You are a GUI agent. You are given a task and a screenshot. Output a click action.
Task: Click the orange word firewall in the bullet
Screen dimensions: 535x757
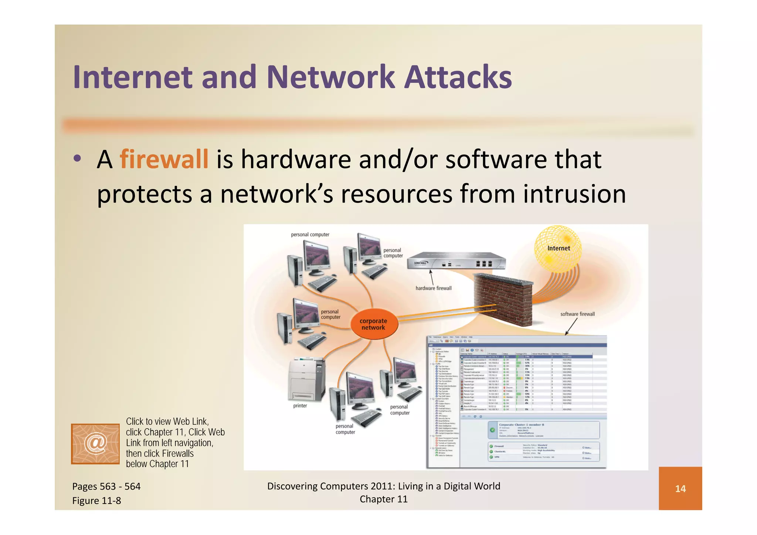coord(164,160)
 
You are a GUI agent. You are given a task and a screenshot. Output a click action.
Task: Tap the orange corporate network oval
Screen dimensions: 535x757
coord(373,324)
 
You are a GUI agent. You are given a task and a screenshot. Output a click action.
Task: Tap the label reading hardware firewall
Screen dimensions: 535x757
coord(433,288)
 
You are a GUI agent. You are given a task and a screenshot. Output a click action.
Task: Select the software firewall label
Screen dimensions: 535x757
coord(577,314)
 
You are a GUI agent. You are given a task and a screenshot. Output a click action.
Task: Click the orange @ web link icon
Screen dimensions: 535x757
coord(95,443)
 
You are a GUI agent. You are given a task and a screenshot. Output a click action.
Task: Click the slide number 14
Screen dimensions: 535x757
coord(680,489)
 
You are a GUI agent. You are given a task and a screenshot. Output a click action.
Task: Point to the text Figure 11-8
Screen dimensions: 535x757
coord(96,501)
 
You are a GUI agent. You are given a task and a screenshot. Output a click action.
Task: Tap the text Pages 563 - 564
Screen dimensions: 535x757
coord(106,486)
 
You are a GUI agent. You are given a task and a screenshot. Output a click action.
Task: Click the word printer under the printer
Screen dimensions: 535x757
coord(300,406)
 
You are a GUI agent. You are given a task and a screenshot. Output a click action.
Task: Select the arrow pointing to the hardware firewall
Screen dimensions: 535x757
coord(431,277)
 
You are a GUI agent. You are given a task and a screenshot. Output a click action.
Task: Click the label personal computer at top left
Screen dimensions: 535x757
coord(310,235)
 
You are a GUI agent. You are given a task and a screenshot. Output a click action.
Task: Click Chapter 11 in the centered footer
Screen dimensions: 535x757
coord(383,499)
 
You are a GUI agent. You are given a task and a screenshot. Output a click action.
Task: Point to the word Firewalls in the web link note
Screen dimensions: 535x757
coord(179,453)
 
